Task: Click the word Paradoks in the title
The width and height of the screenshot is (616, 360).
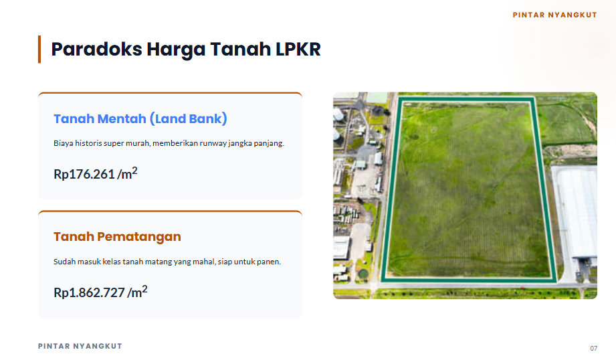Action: click(96, 50)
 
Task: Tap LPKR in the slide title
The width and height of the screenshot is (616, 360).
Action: click(298, 50)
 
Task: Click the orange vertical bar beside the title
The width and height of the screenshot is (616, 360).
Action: click(39, 49)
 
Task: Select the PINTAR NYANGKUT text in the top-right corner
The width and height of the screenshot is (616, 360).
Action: click(554, 15)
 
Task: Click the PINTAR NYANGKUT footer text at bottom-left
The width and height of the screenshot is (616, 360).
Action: click(80, 346)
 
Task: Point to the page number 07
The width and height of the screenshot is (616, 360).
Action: click(594, 349)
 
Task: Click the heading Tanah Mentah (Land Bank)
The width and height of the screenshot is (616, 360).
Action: click(140, 118)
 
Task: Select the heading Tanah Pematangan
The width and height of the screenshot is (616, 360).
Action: click(117, 237)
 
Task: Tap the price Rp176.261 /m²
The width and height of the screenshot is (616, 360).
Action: click(96, 173)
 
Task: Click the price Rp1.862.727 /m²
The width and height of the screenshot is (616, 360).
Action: click(100, 292)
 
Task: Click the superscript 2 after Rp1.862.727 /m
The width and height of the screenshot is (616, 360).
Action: click(144, 289)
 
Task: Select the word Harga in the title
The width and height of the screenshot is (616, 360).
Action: click(176, 50)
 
